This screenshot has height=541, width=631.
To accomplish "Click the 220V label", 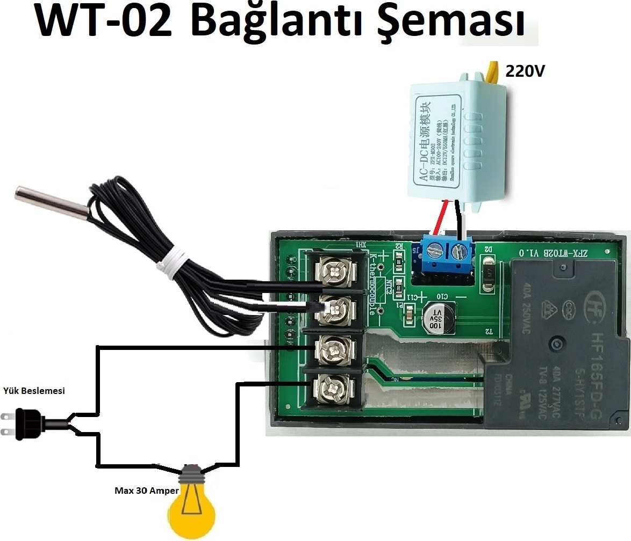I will click(524, 70).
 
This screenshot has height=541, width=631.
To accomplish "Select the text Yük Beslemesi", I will click(34, 391).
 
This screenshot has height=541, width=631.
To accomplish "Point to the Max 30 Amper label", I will click(147, 491).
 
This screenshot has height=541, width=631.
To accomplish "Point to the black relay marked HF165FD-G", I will click(559, 343).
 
